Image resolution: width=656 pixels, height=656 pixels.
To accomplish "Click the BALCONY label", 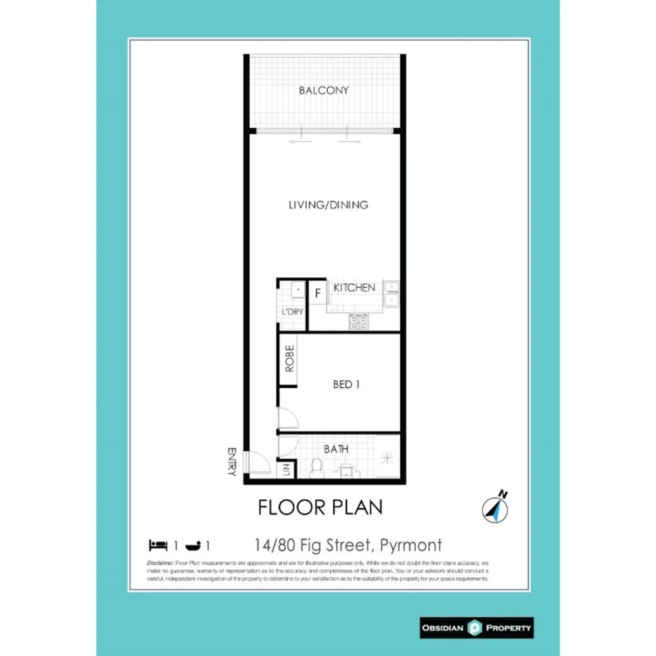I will click(x=323, y=91).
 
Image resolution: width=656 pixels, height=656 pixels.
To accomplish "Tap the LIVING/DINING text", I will click(x=328, y=206).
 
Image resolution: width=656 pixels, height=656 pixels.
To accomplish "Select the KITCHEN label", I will click(x=354, y=288).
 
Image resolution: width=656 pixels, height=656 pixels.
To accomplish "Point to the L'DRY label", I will click(x=291, y=312).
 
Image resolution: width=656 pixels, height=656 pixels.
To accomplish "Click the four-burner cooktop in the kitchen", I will click(x=359, y=322).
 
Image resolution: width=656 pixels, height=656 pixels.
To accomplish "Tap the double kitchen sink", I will click(x=391, y=294).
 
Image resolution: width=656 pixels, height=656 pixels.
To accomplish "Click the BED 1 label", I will click(x=346, y=385).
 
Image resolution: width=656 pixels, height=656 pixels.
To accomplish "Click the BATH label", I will click(x=336, y=448).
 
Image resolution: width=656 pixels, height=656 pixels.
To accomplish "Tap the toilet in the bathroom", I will click(x=316, y=468).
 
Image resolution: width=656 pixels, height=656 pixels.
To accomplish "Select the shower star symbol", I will click(x=386, y=458).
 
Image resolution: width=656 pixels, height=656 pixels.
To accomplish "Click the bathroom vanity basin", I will click(x=346, y=470).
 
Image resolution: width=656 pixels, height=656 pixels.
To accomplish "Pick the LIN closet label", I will click(x=286, y=469).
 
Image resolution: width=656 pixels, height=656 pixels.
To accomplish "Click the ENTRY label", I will click(x=232, y=462).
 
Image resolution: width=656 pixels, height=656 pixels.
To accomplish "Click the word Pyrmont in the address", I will click(x=411, y=545).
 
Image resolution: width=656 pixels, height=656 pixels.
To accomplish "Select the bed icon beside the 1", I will click(x=158, y=545).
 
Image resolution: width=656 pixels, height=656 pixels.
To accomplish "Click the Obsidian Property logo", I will click(x=476, y=627).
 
